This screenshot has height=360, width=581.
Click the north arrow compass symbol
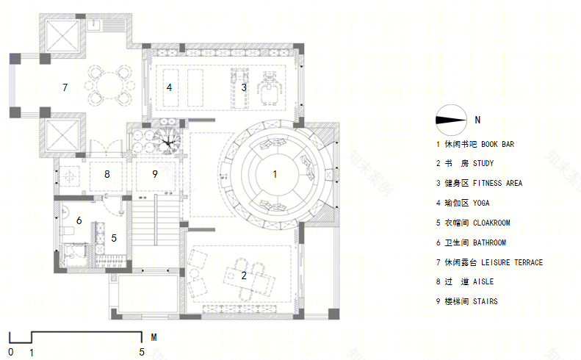pos(451,120)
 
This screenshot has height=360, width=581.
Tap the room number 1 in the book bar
pos(275,174)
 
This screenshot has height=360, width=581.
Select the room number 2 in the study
pos(244,276)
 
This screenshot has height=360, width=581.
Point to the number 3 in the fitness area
pos(244,87)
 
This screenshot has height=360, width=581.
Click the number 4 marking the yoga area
pos(170,87)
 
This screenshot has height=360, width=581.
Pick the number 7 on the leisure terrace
pos(65,87)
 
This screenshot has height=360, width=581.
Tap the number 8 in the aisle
pos(107,174)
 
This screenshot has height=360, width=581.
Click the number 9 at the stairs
pos(155,174)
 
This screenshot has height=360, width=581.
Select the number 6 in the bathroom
pos(79,220)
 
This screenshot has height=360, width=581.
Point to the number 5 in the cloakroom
pos(114,238)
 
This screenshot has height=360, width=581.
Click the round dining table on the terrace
pos(109,86)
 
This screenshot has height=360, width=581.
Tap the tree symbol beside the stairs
pos(167,141)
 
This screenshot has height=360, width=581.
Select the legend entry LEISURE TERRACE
pos(512,262)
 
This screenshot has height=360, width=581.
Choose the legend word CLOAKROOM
pos(491,223)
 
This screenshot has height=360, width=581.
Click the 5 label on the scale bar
pos(142,352)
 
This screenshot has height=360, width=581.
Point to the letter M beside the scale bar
pos(154,337)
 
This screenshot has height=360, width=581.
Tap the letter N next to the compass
pos(477,120)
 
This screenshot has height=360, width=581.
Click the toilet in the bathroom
pos(67,230)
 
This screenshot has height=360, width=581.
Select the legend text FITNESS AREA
pos(497,183)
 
